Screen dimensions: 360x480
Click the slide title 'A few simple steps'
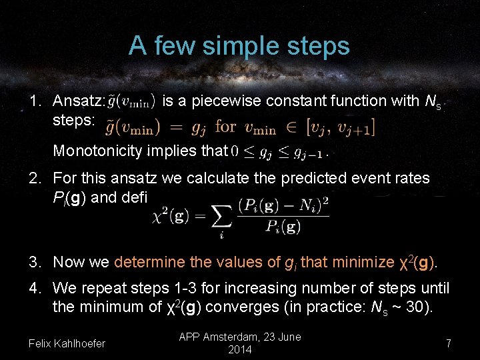(x=239, y=46)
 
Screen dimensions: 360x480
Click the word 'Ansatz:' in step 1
(x=79, y=101)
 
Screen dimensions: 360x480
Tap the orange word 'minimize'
(x=363, y=262)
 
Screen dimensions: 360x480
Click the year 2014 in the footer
(x=239, y=350)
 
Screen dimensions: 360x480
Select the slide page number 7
(x=449, y=344)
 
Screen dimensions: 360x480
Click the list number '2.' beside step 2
(x=36, y=179)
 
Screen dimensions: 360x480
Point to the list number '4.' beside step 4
(x=36, y=289)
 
